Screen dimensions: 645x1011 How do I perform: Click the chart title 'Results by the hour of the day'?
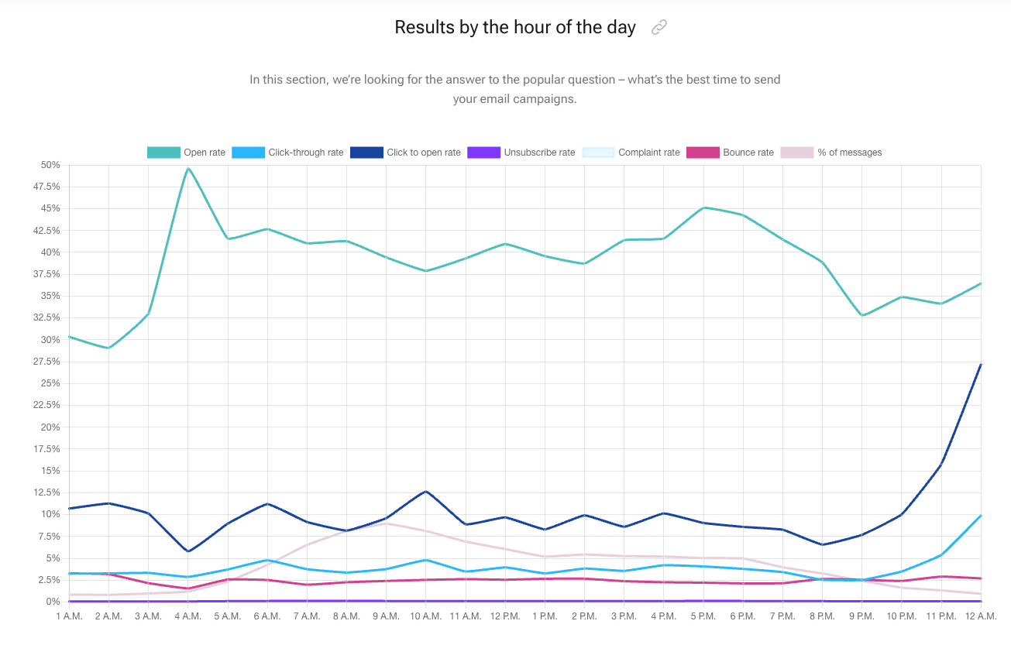point(514,27)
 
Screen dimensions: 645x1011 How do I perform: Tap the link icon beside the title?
point(659,28)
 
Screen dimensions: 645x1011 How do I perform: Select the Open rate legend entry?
point(187,153)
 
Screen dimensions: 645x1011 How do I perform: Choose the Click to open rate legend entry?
point(405,153)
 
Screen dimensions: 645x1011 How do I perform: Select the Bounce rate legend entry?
point(737,153)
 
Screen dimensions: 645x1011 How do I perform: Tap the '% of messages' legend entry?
point(832,153)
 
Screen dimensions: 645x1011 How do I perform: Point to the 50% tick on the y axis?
point(50,165)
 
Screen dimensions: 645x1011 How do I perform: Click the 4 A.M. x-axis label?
point(187,616)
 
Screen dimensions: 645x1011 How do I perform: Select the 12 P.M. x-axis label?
point(505,616)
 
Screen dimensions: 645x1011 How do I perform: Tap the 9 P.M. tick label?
point(861,616)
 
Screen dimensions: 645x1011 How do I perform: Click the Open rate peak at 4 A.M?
point(187,168)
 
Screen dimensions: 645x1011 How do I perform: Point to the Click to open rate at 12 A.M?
point(981,365)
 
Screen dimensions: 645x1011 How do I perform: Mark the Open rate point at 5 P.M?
point(703,208)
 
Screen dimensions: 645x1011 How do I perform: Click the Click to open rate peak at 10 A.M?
point(425,491)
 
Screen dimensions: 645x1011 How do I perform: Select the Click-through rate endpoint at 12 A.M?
point(981,516)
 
